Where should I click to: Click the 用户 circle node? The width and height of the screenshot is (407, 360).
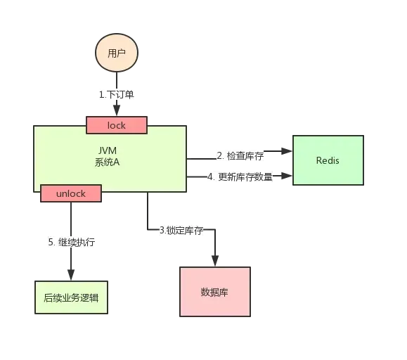(116, 53)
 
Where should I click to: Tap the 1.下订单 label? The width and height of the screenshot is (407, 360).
(115, 94)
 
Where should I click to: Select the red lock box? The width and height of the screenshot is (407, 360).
(117, 125)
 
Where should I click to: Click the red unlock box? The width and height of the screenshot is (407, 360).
(70, 193)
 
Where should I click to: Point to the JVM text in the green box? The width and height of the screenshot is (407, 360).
(108, 150)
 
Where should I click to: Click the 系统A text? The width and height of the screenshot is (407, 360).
(108, 162)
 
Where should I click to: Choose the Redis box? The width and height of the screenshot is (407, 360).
(328, 160)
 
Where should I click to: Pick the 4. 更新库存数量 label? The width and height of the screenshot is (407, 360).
(239, 176)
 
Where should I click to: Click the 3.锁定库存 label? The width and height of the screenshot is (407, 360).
(181, 230)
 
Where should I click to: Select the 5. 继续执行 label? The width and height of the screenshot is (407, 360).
(71, 242)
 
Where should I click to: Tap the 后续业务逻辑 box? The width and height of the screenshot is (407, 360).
(71, 297)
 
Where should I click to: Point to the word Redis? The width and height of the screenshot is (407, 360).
(328, 160)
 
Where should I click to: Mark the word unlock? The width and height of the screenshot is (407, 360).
(70, 193)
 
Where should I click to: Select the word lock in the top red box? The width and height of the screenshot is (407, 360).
(117, 125)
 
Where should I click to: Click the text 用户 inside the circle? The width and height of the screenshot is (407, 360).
(116, 53)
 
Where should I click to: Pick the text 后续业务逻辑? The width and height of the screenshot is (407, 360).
(71, 297)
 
